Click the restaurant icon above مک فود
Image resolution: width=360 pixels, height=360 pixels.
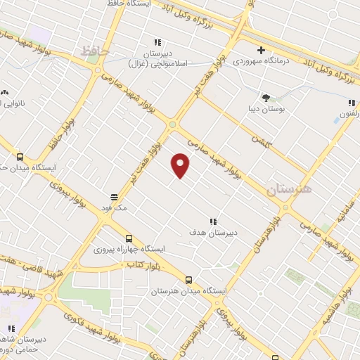click(x=113, y=197)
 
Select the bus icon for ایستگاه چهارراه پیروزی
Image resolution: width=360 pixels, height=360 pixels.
click(x=128, y=238)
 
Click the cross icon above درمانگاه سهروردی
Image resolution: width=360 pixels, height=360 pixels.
click(x=261, y=50)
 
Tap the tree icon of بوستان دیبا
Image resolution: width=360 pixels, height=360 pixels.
click(x=266, y=98)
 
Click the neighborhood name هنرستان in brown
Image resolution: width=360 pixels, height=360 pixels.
click(x=288, y=188)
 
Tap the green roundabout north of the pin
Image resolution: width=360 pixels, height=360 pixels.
click(x=172, y=125)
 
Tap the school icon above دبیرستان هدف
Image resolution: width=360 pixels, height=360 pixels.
click(x=213, y=221)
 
